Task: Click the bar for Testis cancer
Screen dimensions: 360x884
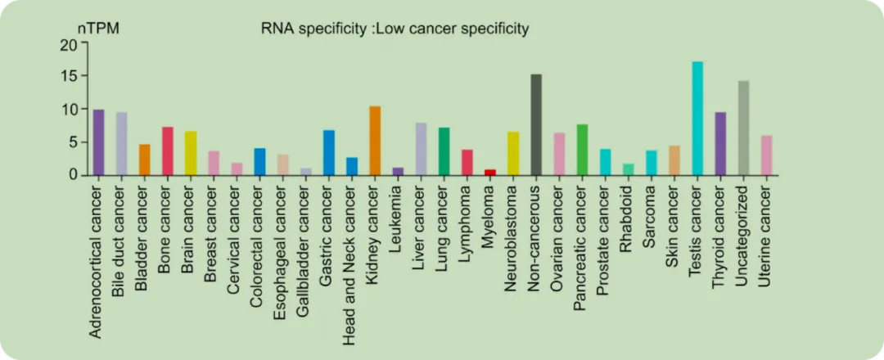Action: pyautogui.click(x=697, y=119)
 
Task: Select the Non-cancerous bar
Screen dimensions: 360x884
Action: pyautogui.click(x=536, y=124)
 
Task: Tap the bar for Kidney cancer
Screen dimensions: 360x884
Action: pyautogui.click(x=375, y=141)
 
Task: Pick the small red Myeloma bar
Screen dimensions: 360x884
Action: pyautogui.click(x=490, y=172)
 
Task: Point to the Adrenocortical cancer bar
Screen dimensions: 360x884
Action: pyautogui.click(x=98, y=142)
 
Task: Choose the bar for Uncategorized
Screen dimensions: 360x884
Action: pyautogui.click(x=743, y=128)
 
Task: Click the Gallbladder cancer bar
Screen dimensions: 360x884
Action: pyautogui.click(x=306, y=171)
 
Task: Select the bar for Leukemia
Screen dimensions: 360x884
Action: pyautogui.click(x=398, y=171)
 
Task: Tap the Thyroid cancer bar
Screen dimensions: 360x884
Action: pyautogui.click(x=720, y=143)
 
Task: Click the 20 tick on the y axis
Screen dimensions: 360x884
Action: pyautogui.click(x=68, y=44)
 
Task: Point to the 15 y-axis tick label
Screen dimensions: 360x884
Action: pyautogui.click(x=68, y=76)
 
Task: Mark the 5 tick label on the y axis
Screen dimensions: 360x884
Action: pyautogui.click(x=72, y=142)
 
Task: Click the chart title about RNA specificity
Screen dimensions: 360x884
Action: pyautogui.click(x=395, y=29)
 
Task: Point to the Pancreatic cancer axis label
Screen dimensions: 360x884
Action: pyautogui.click(x=582, y=248)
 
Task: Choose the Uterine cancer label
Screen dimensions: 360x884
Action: pyautogui.click(x=766, y=236)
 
